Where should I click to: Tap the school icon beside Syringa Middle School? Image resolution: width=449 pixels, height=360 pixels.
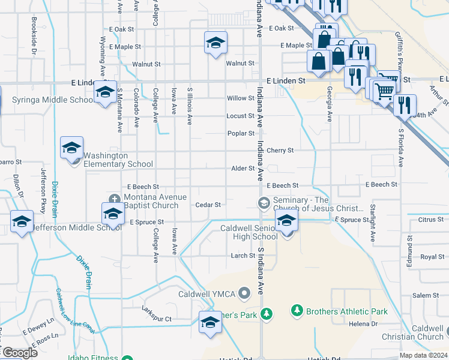click(105, 92)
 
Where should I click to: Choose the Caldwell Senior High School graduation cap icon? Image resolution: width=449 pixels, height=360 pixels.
click(287, 222)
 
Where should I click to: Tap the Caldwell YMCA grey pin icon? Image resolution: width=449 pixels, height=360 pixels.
click(244, 294)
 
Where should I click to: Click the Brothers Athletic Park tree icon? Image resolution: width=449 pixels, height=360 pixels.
click(297, 311)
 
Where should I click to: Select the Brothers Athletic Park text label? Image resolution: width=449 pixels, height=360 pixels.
click(346, 311)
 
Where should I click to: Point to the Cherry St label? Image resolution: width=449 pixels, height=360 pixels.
click(280, 151)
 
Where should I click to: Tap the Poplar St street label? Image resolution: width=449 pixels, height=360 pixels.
click(241, 134)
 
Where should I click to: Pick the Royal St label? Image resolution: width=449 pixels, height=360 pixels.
click(432, 257)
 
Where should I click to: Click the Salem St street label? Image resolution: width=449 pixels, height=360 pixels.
click(426, 295)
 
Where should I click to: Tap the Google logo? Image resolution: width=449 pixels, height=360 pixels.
click(19, 353)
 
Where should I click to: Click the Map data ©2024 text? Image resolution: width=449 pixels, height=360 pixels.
click(423, 355)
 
